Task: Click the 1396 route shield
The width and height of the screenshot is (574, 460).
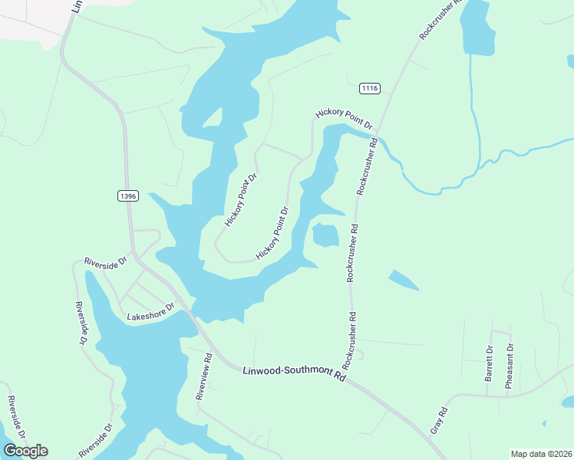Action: pyautogui.click(x=127, y=196)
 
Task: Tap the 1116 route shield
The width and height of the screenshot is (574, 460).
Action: pyautogui.click(x=370, y=89)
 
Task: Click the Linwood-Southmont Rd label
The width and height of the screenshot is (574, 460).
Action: pyautogui.click(x=294, y=371)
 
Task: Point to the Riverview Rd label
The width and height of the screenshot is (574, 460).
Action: pyautogui.click(x=203, y=377)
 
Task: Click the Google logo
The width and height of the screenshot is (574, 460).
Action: pyautogui.click(x=25, y=451)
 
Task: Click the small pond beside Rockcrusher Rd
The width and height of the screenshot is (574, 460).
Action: pyautogui.click(x=325, y=235)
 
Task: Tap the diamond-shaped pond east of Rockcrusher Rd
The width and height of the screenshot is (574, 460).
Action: pyautogui.click(x=403, y=280)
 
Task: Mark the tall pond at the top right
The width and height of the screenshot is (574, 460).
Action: pyautogui.click(x=477, y=28)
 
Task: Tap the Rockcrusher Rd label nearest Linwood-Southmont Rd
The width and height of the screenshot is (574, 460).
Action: pyautogui.click(x=351, y=337)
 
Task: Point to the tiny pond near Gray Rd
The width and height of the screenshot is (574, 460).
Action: pyautogui.click(x=543, y=422)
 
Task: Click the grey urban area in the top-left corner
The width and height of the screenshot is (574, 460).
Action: pyautogui.click(x=27, y=15)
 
